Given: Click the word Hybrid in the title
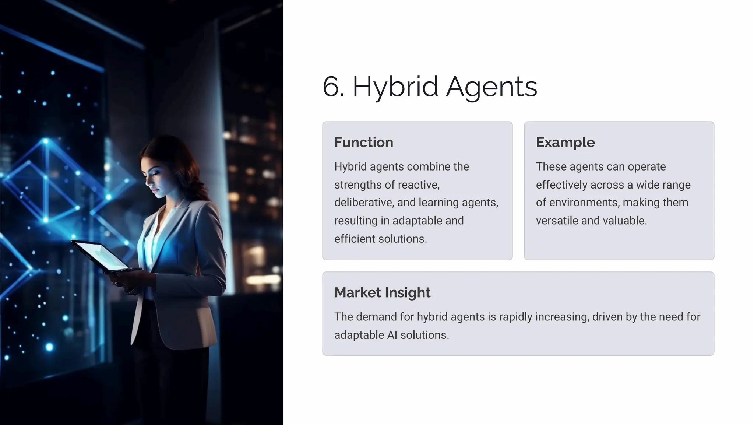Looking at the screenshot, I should coord(395,87).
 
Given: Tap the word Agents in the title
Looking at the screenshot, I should coord(491,87).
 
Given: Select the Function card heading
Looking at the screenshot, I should coord(364,143).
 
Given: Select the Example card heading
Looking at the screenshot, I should coord(565,143).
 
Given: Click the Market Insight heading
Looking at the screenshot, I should coord(382,293).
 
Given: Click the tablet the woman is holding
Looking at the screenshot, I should coord(101,256).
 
